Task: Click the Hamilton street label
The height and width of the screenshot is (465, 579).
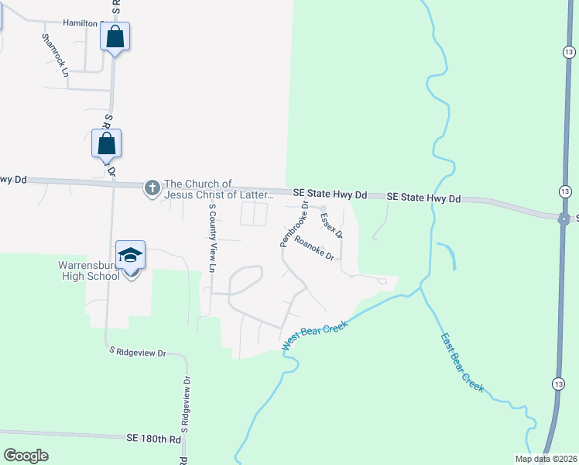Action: tap(80, 23)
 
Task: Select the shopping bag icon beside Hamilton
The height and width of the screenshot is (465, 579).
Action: tap(115, 36)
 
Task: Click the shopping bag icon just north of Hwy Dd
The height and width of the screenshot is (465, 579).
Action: tap(106, 144)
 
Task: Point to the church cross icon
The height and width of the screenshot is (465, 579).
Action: tap(152, 187)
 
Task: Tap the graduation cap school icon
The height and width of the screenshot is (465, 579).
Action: tap(130, 255)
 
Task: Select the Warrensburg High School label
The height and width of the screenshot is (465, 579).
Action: tap(91, 270)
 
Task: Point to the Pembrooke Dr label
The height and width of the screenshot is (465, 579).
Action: tap(294, 224)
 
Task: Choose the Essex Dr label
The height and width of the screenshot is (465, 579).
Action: tap(331, 225)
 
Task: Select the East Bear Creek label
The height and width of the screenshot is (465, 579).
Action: tap(462, 362)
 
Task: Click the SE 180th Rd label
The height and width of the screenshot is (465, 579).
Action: tap(153, 438)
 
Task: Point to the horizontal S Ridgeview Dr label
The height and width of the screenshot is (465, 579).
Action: tap(138, 351)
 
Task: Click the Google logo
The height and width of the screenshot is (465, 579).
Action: tap(26, 456)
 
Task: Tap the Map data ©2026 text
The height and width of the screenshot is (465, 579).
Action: tap(546, 459)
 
